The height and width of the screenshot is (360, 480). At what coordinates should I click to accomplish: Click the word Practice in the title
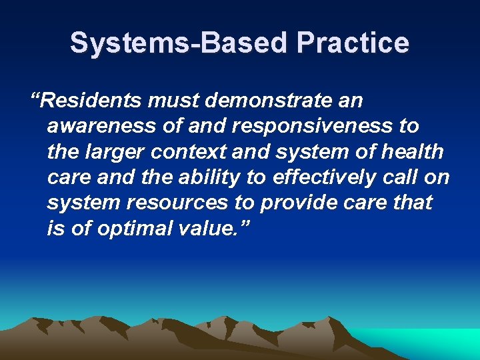(353, 43)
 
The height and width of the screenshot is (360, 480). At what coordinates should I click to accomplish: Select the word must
(170, 101)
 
